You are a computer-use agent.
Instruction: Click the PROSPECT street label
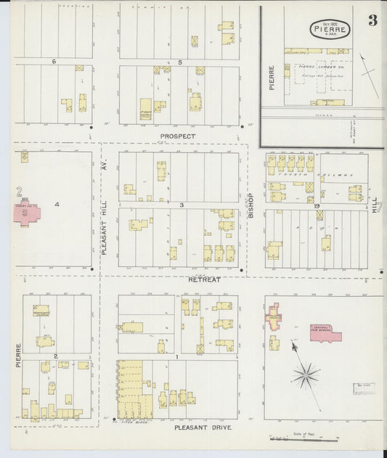(x=179, y=136)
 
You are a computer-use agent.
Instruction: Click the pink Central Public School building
(x=325, y=332)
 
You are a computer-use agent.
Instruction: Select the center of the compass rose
(x=306, y=375)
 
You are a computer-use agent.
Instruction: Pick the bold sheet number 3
(x=372, y=20)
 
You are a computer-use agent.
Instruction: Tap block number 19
(x=317, y=206)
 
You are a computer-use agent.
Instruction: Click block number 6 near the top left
(x=54, y=62)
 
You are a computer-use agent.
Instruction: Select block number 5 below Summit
(x=179, y=62)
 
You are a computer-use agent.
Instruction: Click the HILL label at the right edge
(x=375, y=204)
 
